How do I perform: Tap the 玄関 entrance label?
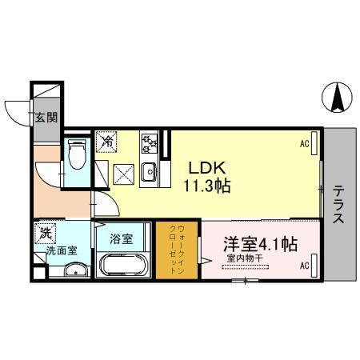coord(45,116)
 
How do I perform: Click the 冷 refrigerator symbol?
coord(107,142)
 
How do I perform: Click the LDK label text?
coord(210,169)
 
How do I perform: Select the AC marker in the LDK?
coord(305,144)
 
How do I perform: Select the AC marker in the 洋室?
coord(305,264)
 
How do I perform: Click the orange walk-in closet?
coord(174,250)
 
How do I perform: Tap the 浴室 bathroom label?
coord(119,238)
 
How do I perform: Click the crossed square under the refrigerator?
coord(122,172)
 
